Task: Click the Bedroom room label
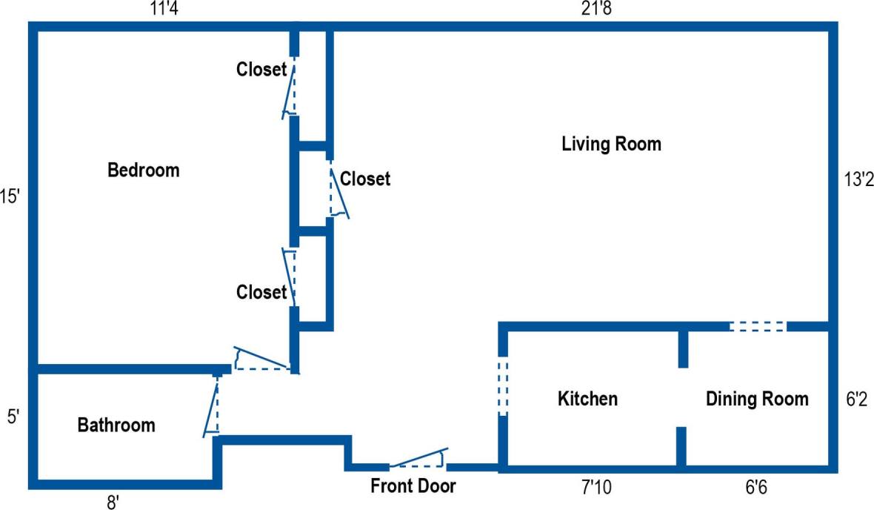point(144,170)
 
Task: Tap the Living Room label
point(611,143)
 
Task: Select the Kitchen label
point(587,399)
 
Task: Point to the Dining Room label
point(756,399)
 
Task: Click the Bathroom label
point(116,425)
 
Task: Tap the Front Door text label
point(413,486)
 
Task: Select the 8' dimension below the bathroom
point(113,502)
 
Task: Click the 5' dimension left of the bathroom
point(12,417)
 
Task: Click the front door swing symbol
point(419,460)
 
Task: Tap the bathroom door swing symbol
point(213,406)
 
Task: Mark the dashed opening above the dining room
point(758,326)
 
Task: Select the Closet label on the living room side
point(364,179)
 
